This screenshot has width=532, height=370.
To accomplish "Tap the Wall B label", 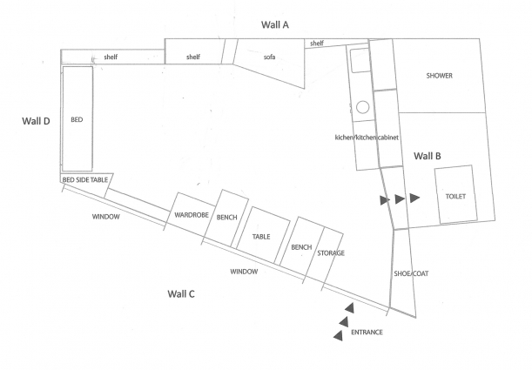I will pos(427,156).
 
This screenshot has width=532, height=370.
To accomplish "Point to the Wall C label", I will pos(180,293).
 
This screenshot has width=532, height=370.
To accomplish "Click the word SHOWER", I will pos(439,76).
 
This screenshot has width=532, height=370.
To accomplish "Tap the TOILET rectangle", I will pos(455,195).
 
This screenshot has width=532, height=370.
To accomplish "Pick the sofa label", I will pos(270,57).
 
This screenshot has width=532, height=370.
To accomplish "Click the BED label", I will pos(77,119).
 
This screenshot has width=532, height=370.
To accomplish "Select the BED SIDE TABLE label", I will pos(84,180).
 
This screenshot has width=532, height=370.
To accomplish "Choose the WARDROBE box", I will pos(189,214).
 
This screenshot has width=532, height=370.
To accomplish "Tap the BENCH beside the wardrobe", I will pos(227,218).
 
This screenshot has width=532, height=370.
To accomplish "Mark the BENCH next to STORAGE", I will pos(301,247).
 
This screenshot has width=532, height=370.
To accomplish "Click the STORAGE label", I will pos(331,252).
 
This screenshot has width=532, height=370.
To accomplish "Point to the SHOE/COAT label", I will pos(412,273).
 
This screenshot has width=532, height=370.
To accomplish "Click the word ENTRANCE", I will pos(367,333).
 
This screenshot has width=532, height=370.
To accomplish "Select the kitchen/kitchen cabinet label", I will pos(367,138).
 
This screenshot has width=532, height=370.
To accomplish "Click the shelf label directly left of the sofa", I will pos(193,57).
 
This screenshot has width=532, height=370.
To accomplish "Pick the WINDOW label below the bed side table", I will pos(106,216).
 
